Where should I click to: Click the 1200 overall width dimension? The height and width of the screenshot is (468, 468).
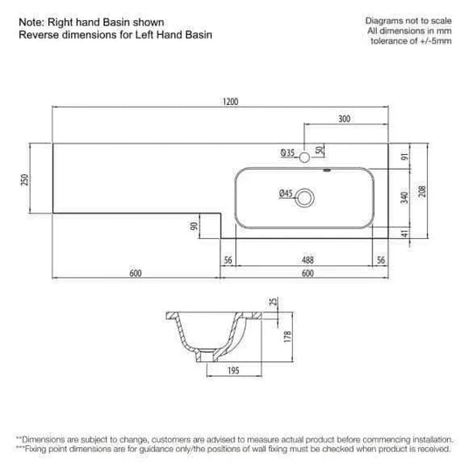tap(229, 101)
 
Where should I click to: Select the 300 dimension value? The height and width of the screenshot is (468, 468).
tap(344, 118)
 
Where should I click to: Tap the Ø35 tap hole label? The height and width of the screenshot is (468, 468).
tap(287, 153)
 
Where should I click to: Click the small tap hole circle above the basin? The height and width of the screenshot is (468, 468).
tap(304, 157)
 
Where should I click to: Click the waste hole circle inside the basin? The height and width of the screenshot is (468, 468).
tap(304, 199)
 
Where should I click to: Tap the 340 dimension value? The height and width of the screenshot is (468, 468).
tap(403, 199)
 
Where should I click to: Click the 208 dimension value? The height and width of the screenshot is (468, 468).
tap(423, 192)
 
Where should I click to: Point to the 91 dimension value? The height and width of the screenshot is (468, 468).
tap(403, 157)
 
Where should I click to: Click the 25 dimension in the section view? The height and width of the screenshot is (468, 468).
tap(273, 303)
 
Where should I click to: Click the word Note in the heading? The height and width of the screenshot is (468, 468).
tap(31, 22)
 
